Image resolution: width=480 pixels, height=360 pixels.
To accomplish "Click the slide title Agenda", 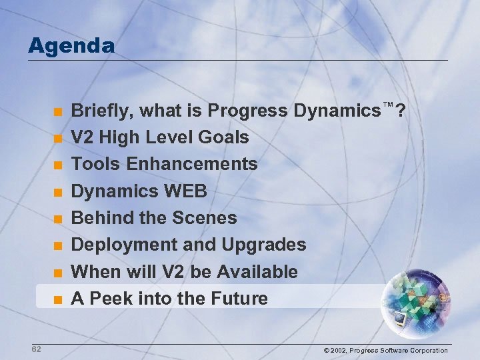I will coord(71,46).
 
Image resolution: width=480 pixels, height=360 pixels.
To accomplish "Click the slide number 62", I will coord(36,349).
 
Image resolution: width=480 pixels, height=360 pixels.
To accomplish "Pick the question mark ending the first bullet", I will coord(401,111).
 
